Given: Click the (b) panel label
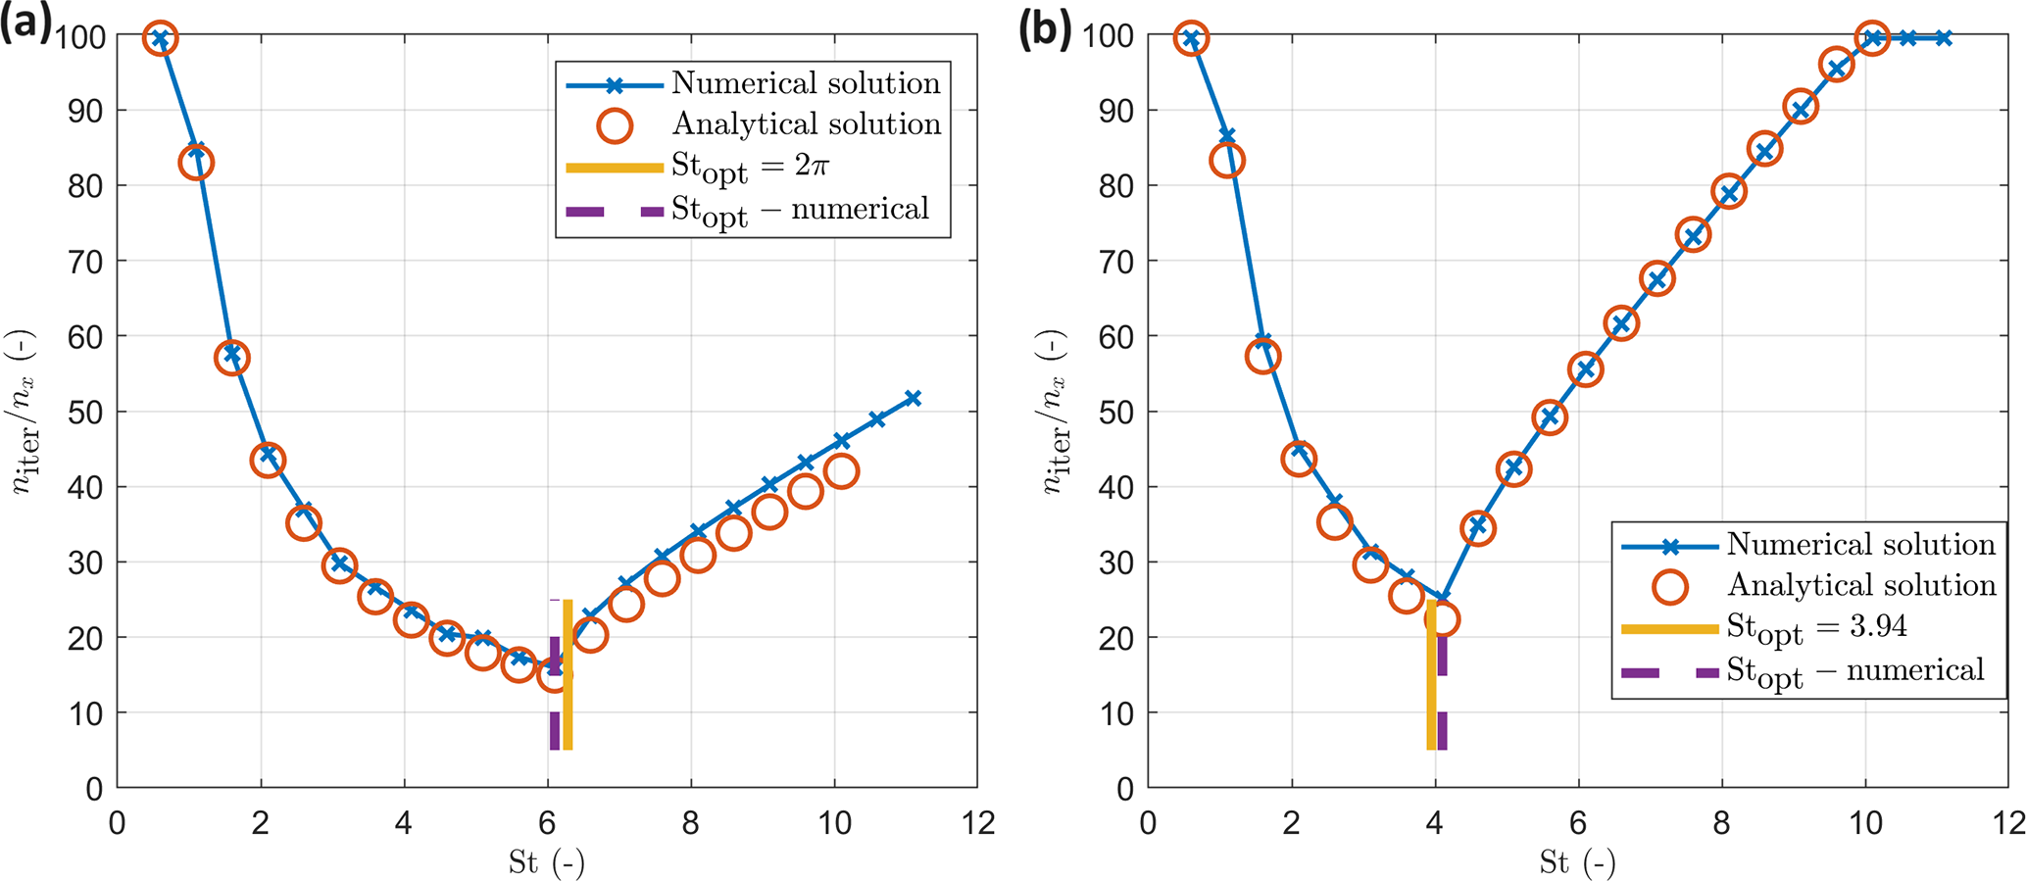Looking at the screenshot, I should coord(1045,29).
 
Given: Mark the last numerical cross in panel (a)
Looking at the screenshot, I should coord(913,398).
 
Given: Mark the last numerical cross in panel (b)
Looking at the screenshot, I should coord(1944,38).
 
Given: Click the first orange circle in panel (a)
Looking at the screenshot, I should coord(161,38).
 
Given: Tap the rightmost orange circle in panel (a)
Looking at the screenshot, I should coord(841,471).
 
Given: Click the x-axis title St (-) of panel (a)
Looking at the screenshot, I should coord(546,862).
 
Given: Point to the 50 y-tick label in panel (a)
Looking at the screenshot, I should coord(85,412).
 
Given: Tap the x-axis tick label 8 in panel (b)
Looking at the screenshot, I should coord(1722,823).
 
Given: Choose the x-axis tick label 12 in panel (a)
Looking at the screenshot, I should coord(977,823).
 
